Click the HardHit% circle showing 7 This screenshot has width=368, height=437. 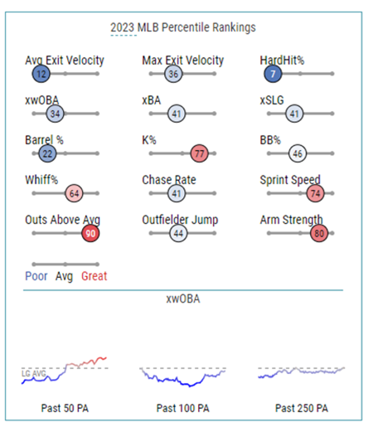(x=273, y=74)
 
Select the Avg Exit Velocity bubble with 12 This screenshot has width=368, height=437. (x=41, y=74)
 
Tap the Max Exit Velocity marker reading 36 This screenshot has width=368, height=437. (x=173, y=74)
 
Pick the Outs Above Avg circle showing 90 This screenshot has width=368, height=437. (x=90, y=233)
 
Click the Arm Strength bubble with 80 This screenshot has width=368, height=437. (x=319, y=233)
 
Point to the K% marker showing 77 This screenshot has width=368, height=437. (x=200, y=153)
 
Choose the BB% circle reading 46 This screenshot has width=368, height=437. (x=298, y=153)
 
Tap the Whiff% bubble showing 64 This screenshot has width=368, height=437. (x=74, y=193)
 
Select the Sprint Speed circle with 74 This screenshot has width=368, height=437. (x=315, y=193)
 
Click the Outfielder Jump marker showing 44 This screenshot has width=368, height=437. (x=178, y=233)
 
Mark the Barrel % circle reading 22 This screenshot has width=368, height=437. (x=47, y=153)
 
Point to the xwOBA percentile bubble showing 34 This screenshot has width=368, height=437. (x=55, y=114)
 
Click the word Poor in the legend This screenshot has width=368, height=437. (x=36, y=276)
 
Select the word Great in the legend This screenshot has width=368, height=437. (x=94, y=276)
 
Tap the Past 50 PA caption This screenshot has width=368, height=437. (x=65, y=408)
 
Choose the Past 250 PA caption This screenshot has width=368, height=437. (x=302, y=408)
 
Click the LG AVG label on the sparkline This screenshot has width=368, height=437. (x=34, y=373)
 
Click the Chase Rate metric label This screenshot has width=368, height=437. (x=169, y=180)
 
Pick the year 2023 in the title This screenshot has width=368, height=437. (x=123, y=27)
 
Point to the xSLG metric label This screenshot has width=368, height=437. (x=272, y=100)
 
